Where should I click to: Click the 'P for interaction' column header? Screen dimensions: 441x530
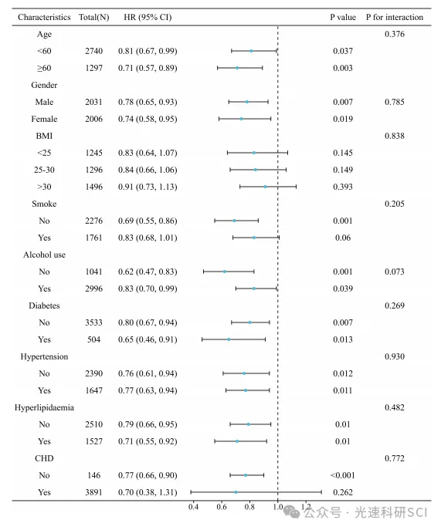pyautogui.click(x=395, y=17)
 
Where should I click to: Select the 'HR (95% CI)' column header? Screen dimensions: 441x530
pyautogui.click(x=148, y=17)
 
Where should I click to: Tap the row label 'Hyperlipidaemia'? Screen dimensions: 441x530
pyautogui.click(x=44, y=407)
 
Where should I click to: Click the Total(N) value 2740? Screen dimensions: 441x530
pyautogui.click(x=93, y=51)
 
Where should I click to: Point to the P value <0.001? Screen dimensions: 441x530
pyautogui.click(x=342, y=475)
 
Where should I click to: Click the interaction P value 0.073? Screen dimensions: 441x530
pyautogui.click(x=395, y=272)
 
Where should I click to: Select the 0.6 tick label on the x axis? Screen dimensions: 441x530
pyautogui.click(x=222, y=507)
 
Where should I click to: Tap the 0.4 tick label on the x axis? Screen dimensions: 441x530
pyautogui.click(x=194, y=507)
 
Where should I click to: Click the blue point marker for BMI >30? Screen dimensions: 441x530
pyautogui.click(x=265, y=187)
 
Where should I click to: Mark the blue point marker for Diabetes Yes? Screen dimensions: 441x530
pyautogui.click(x=229, y=339)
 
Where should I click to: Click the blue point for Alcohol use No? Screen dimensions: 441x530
pyautogui.click(x=225, y=272)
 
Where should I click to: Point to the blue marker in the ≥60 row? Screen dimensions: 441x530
pyautogui.click(x=237, y=68)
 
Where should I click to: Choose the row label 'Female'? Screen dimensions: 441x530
pyautogui.click(x=44, y=119)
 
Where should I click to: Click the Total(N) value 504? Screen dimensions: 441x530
pyautogui.click(x=93, y=339)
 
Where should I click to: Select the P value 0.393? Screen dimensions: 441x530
pyautogui.click(x=342, y=187)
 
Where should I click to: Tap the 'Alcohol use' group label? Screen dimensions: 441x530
pyautogui.click(x=44, y=255)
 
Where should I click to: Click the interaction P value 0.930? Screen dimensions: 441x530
pyautogui.click(x=395, y=356)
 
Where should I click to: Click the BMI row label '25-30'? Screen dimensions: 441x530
pyautogui.click(x=44, y=170)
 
